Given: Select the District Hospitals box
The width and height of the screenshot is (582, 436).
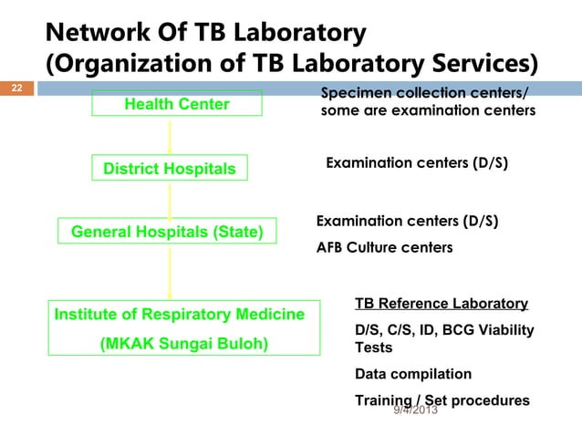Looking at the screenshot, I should (x=169, y=169).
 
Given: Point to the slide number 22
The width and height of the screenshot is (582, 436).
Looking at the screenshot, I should (x=16, y=88).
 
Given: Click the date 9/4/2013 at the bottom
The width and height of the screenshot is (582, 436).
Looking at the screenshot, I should (x=415, y=410).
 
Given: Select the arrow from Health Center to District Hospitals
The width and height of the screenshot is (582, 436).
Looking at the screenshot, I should (x=170, y=137).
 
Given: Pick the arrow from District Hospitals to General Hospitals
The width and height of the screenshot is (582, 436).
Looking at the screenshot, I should (x=170, y=200).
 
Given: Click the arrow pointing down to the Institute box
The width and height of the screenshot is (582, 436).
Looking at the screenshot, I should (x=170, y=272).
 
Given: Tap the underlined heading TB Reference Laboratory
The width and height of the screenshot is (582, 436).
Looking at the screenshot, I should (x=441, y=304).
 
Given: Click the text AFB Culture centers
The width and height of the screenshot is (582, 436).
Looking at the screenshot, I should (x=384, y=246).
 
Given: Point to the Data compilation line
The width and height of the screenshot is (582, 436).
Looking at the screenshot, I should (x=413, y=374).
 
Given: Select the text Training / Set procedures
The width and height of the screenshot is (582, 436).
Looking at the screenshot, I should (x=442, y=400).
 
